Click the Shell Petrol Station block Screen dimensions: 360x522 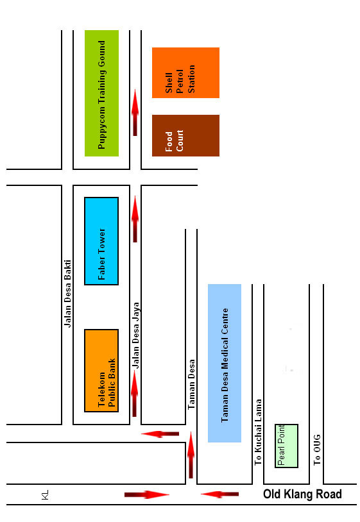(x=185, y=73)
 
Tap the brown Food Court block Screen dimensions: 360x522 (x=185, y=135)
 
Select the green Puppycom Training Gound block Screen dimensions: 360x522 (x=101, y=93)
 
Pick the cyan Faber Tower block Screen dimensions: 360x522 (x=101, y=241)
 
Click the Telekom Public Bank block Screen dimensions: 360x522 (x=101, y=371)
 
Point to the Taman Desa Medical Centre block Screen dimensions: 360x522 (x=225, y=363)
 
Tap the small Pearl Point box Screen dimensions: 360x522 (x=286, y=446)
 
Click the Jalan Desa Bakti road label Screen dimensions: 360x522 (x=67, y=294)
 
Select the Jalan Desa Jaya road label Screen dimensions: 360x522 (x=135, y=335)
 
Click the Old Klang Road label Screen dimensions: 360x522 (x=302, y=494)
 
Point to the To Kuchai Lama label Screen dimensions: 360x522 (x=258, y=432)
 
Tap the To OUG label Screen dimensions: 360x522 (x=317, y=450)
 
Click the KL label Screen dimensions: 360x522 (x=45, y=494)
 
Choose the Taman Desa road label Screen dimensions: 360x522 (x=191, y=385)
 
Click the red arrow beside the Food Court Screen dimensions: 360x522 (x=135, y=112)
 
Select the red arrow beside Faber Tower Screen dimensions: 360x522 (x=135, y=219)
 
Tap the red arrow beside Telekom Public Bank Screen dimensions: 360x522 (x=135, y=394)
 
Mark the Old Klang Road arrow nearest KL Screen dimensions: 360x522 (x=147, y=494)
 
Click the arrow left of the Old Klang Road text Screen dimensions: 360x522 (x=220, y=494)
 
